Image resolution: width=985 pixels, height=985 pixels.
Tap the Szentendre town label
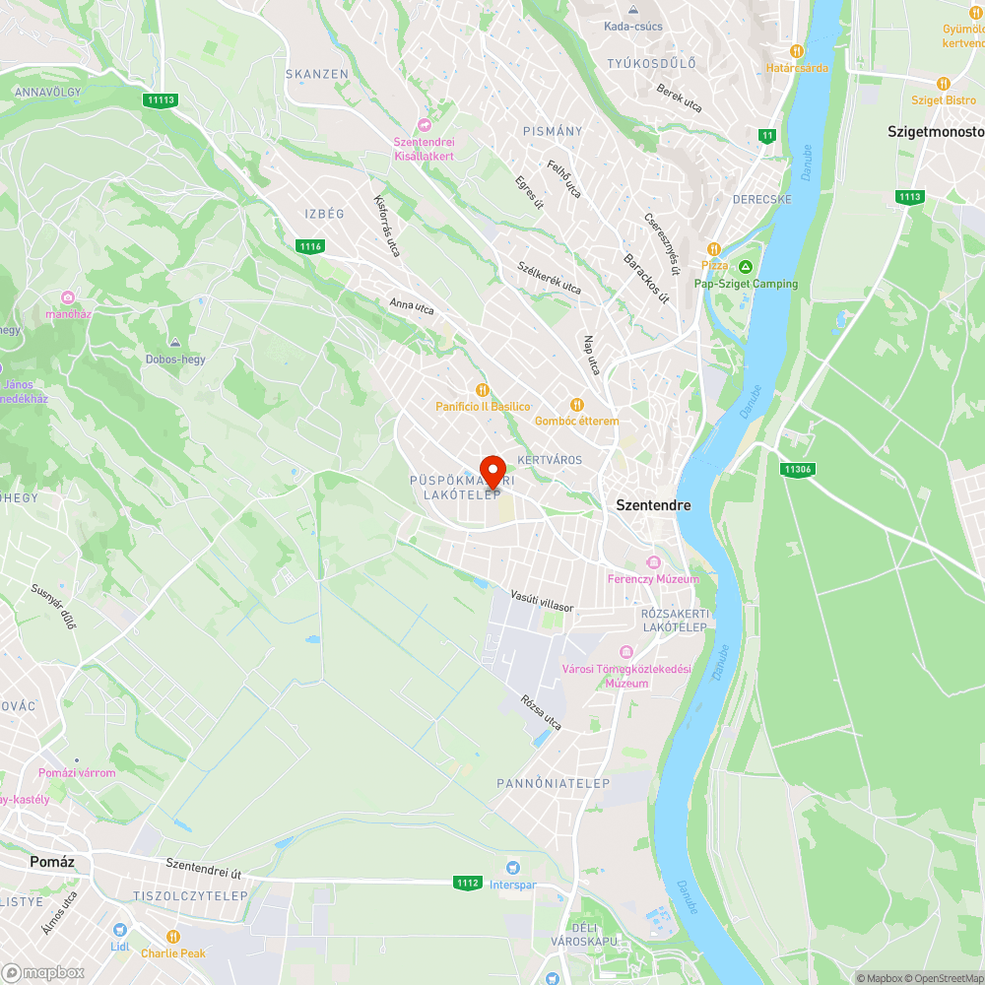point(653,505)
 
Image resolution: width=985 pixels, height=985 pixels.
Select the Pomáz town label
point(52,861)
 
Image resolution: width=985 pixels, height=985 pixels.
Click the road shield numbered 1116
point(310,245)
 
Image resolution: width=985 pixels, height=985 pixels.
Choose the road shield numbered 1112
point(468,883)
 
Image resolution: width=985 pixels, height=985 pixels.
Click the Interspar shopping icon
point(511,867)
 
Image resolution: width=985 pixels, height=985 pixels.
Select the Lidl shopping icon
point(119,930)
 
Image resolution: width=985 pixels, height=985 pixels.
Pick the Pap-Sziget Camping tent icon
point(746,267)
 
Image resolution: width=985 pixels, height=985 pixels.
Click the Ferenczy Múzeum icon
point(652,561)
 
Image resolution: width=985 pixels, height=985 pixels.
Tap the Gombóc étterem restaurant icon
point(577,404)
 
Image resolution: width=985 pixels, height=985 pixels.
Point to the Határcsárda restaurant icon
point(797,50)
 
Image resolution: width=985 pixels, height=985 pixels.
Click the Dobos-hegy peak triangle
point(174,343)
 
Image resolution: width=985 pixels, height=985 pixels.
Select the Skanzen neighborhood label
point(317,74)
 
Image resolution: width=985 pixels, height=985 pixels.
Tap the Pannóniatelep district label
point(553,783)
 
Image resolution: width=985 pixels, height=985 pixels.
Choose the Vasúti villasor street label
point(542,601)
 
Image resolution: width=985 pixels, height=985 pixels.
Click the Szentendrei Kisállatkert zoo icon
point(425,124)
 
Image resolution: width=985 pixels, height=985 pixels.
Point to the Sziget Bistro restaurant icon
point(943,84)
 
